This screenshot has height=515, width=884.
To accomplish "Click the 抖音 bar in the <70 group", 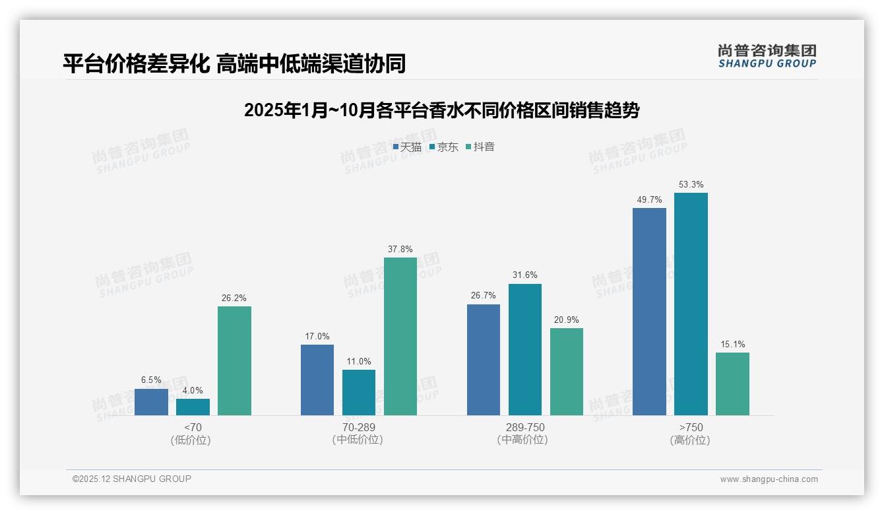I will pyautogui.click(x=234, y=360).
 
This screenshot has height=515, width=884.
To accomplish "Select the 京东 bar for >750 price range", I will pyautogui.click(x=691, y=304).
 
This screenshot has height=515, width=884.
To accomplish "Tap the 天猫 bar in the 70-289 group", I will pyautogui.click(x=317, y=380).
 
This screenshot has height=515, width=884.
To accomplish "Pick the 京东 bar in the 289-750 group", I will pyautogui.click(x=525, y=349).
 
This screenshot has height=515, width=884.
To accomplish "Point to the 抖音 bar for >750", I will pyautogui.click(x=732, y=384).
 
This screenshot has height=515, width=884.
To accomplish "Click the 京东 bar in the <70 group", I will pyautogui.click(x=193, y=407).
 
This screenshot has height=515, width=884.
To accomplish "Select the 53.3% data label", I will pyautogui.click(x=691, y=185).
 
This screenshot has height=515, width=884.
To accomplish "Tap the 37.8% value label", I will pyautogui.click(x=400, y=250).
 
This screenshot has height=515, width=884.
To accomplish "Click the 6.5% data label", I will pyautogui.click(x=151, y=380).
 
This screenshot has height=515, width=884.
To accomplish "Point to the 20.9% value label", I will pyautogui.click(x=567, y=320).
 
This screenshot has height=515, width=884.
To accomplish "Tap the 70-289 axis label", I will pyautogui.click(x=359, y=427).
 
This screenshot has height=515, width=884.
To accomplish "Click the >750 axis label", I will pyautogui.click(x=691, y=427).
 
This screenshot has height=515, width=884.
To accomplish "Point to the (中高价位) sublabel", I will pyautogui.click(x=522, y=440).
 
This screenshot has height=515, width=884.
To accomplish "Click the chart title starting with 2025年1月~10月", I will pyautogui.click(x=441, y=110).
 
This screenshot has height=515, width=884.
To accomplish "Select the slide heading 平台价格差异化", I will pyautogui.click(x=234, y=63).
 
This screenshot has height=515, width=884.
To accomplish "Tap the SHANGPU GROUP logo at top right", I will pyautogui.click(x=767, y=56).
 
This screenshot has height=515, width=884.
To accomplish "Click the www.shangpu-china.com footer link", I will pyautogui.click(x=769, y=479).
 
